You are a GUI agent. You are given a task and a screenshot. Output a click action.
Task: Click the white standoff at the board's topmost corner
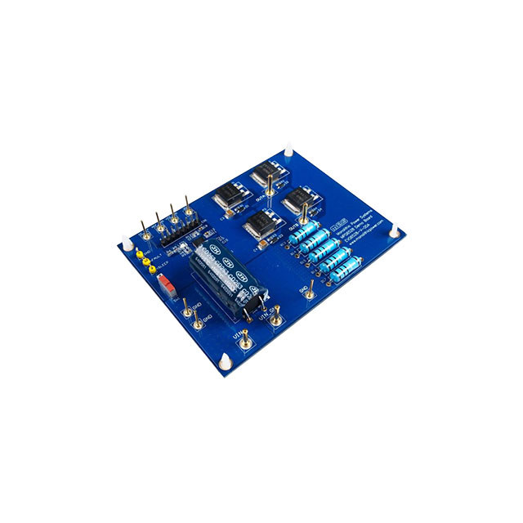click(x=290, y=153)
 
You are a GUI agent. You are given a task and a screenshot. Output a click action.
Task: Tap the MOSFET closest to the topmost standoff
click(x=266, y=173)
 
